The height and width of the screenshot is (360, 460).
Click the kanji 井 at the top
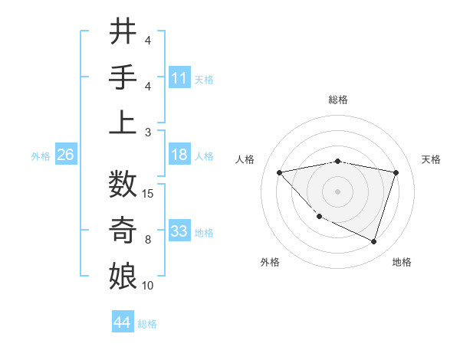coord(123,33)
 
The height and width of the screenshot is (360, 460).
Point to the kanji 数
coord(123,185)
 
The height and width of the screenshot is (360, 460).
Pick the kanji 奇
coord(123,229)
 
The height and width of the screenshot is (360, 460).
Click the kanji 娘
coord(123,275)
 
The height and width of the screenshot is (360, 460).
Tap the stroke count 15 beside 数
coord(149,194)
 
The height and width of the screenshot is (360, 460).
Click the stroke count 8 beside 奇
coord(147,240)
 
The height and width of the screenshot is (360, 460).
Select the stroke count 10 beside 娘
coord(148,286)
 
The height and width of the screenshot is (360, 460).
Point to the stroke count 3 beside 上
coord(147,132)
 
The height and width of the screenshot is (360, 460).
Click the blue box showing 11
coord(179,77)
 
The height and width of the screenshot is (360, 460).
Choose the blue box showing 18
coord(179,155)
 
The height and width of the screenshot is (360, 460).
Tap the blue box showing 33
coord(179,231)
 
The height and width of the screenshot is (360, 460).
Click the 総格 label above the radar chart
coord(337,100)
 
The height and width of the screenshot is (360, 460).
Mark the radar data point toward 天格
coord(396,172)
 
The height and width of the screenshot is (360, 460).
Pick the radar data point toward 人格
coord(279,172)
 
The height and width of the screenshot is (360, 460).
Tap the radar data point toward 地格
coord(373,241)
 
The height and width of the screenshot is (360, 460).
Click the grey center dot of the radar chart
coord(337,191)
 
